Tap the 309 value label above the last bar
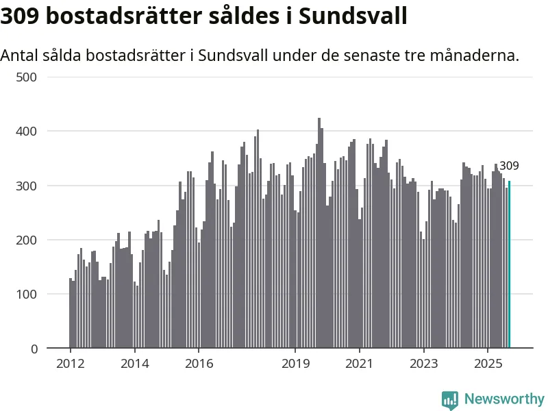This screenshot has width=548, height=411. pyautogui.click(x=509, y=166)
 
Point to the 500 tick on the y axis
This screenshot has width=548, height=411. pyautogui.click(x=27, y=77)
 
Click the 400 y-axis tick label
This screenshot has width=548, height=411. pyautogui.click(x=27, y=131)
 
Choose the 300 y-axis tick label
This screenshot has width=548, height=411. pyautogui.click(x=27, y=186)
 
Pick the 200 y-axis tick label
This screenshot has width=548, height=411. pyautogui.click(x=27, y=240)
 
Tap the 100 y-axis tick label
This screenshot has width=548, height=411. pyautogui.click(x=27, y=295)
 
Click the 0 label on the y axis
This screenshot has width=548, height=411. pyautogui.click(x=34, y=349)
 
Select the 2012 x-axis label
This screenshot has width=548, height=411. pyautogui.click(x=70, y=364)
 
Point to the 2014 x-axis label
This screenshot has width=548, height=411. pyautogui.click(x=135, y=364)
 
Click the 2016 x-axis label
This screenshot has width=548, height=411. pyautogui.click(x=199, y=364)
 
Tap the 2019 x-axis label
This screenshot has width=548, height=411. pyautogui.click(x=295, y=364)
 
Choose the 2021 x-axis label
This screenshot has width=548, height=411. pyautogui.click(x=359, y=364)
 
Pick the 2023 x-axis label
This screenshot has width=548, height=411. pyautogui.click(x=423, y=364)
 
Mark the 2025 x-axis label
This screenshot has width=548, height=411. pyautogui.click(x=487, y=364)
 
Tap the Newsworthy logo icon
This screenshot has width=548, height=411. pyautogui.click(x=450, y=399)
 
